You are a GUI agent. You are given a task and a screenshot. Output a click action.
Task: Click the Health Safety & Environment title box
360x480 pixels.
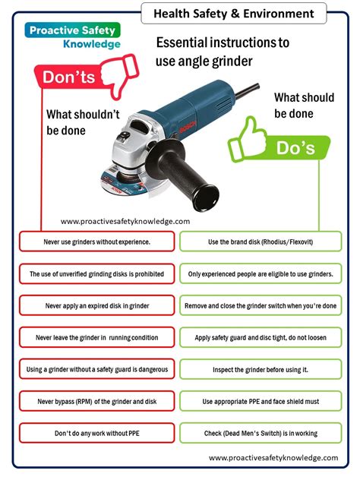[x=233, y=13]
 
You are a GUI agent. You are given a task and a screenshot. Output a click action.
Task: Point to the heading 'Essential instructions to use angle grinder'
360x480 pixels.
[x=222, y=51]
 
